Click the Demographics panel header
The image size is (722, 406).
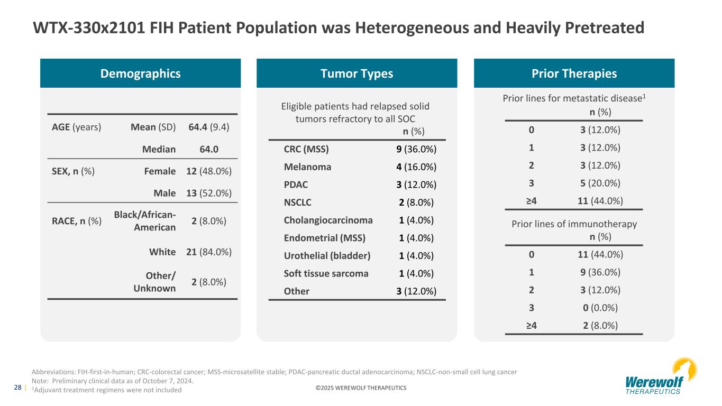[140, 73]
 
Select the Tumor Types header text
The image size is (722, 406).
[357, 73]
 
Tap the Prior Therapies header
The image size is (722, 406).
[574, 73]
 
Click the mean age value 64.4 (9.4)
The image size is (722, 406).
[209, 127]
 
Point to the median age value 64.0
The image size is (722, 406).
[209, 149]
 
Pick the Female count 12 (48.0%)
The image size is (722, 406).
[209, 171]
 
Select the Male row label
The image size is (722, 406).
[164, 193]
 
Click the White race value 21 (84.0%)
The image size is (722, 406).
[209, 252]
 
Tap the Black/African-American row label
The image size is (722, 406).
[145, 221]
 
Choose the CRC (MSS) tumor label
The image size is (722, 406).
[306, 149]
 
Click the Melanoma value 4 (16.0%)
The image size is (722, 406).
[416, 167]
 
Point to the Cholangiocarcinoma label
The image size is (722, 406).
[328, 220]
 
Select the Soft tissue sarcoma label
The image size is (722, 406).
[326, 273]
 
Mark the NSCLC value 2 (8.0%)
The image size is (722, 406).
[416, 202]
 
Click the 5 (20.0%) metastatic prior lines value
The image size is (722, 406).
[600, 183]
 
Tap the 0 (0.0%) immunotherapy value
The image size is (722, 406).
[600, 308]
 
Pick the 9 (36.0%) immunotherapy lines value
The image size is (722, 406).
[600, 272]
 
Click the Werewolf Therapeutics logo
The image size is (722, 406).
[661, 376]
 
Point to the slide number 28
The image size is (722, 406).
[18, 387]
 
